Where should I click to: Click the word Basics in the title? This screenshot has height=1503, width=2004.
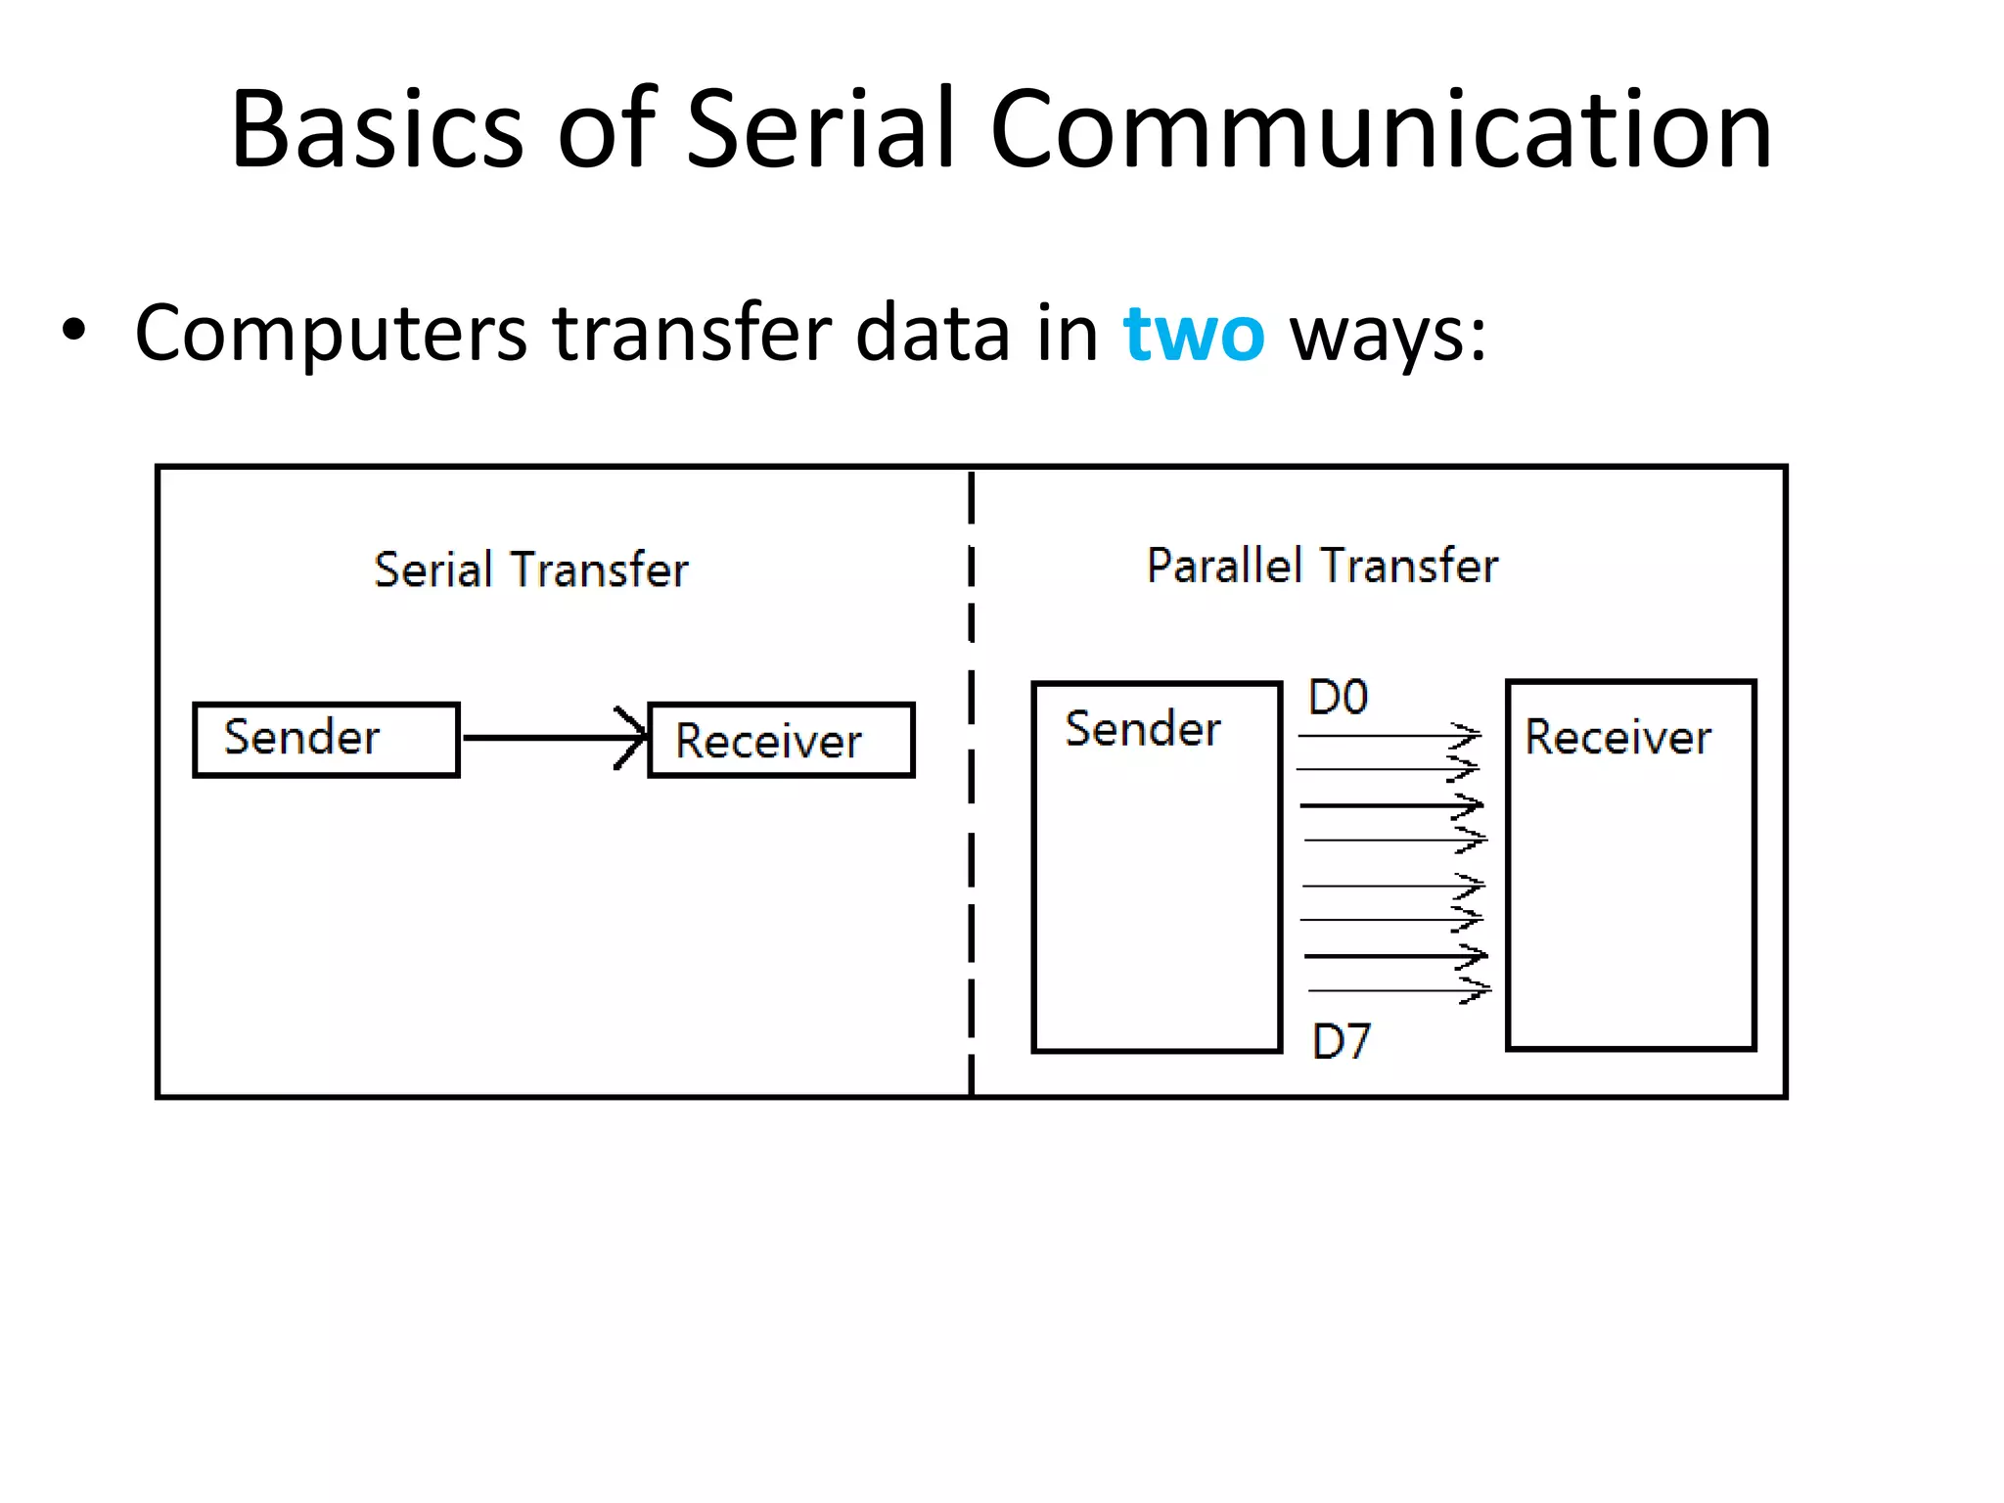pyautogui.click(x=377, y=130)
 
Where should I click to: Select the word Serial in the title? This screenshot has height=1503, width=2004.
pyautogui.click(x=820, y=130)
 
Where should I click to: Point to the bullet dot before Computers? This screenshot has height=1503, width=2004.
pyautogui.click(x=73, y=331)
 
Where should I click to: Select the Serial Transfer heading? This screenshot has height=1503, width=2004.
pyautogui.click(x=531, y=569)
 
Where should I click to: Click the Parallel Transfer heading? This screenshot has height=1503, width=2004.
pyautogui.click(x=1322, y=566)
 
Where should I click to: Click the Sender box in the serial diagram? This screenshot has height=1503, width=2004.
pyautogui.click(x=326, y=739)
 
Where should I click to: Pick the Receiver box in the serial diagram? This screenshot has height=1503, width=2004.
pyautogui.click(x=781, y=740)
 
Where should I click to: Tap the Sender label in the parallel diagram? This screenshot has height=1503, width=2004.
pyautogui.click(x=1142, y=729)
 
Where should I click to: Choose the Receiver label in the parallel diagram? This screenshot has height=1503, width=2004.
pyautogui.click(x=1617, y=737)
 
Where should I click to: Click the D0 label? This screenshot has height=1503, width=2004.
pyautogui.click(x=1338, y=698)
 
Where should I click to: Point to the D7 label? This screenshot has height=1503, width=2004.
pyautogui.click(x=1342, y=1041)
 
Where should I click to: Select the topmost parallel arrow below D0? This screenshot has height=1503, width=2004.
pyautogui.click(x=1388, y=735)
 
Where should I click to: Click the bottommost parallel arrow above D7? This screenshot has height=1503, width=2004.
pyautogui.click(x=1397, y=990)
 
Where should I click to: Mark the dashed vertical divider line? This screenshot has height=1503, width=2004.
pyautogui.click(x=971, y=783)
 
